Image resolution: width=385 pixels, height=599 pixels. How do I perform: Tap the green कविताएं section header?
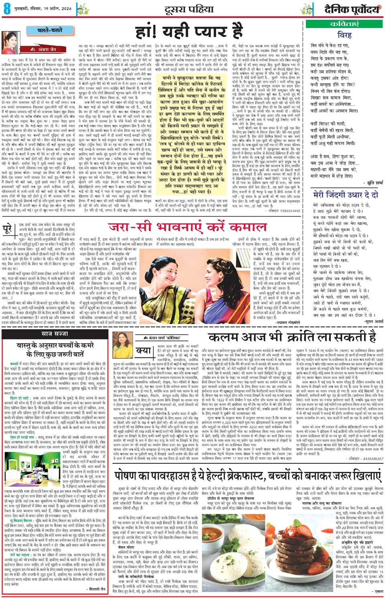[344, 24]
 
